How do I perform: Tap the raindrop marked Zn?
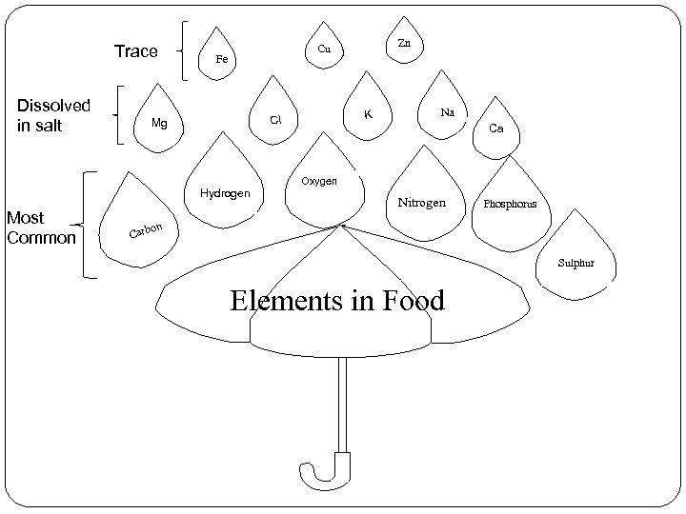point(404,43)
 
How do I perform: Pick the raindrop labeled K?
point(368,112)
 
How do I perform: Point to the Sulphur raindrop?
point(579,255)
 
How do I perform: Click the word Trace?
point(135,51)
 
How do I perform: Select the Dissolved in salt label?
point(53,114)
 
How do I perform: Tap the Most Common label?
point(40,227)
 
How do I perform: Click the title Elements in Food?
point(337,302)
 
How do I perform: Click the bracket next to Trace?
point(185,51)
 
